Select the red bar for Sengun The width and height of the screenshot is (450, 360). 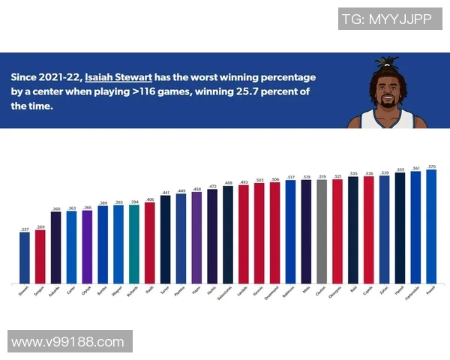click(40, 256)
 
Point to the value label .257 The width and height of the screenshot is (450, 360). click(25, 228)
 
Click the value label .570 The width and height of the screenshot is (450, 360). click(431, 166)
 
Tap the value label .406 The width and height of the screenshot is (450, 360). click(149, 199)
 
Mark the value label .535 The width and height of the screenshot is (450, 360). click(352, 172)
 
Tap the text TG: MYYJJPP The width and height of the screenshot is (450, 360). click(386, 19)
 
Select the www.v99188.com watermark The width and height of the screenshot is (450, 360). click(67, 342)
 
